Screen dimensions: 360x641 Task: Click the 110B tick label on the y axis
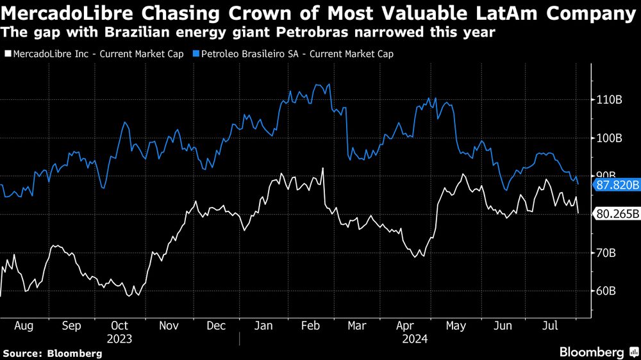click(610, 101)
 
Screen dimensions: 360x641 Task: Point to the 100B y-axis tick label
click(610, 138)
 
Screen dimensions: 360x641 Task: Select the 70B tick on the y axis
click(607, 253)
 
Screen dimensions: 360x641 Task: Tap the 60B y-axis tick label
click(607, 291)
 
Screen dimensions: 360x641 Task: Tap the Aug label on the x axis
click(23, 325)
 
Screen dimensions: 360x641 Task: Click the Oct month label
click(119, 325)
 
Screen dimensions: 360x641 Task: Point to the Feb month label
click(310, 325)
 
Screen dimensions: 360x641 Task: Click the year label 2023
click(119, 338)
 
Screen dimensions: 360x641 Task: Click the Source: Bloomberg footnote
click(53, 353)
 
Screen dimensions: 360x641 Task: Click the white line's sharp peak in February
click(322, 168)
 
